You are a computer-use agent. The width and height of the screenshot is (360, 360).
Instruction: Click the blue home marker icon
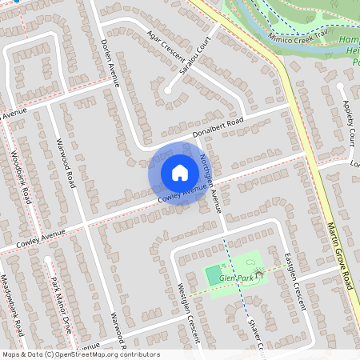[x=180, y=173]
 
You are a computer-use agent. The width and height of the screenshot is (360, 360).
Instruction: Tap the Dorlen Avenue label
[x=110, y=52]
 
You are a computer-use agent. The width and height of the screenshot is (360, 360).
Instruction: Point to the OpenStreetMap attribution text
[x=81, y=354]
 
